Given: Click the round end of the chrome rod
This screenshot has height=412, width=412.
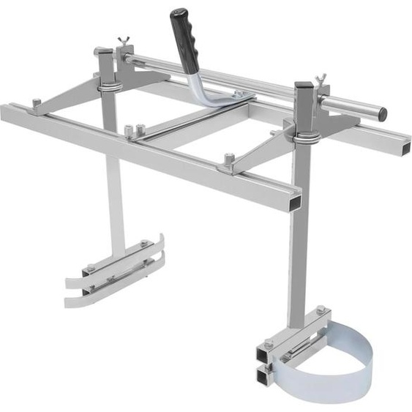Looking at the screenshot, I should [381, 113].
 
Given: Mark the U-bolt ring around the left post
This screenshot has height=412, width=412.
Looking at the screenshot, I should [109, 87].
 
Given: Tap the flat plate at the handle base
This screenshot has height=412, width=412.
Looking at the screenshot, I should [233, 97].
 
